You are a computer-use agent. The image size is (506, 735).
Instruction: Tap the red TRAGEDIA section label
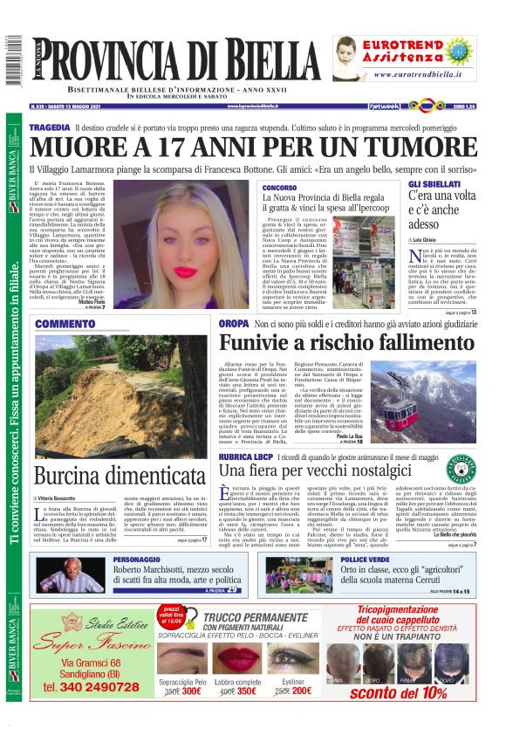(49, 127)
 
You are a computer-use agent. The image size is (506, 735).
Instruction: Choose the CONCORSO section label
(279, 188)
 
